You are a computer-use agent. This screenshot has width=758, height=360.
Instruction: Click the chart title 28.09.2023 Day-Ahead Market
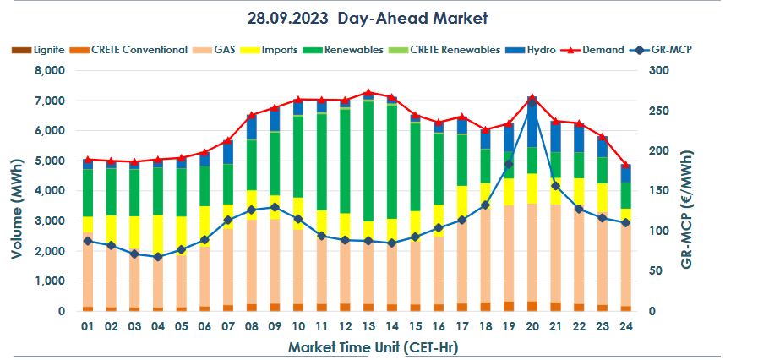pyautogui.click(x=368, y=18)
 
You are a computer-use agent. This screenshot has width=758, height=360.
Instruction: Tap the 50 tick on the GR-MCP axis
pyautogui.click(x=663, y=271)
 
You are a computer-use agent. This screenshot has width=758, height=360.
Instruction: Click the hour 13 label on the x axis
pyautogui.click(x=368, y=325)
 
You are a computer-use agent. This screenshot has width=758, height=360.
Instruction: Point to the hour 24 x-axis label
pyautogui.click(x=625, y=325)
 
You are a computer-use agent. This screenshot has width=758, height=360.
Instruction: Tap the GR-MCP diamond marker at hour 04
pyautogui.click(x=157, y=257)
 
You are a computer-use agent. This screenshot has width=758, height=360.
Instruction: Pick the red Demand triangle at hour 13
pyautogui.click(x=368, y=92)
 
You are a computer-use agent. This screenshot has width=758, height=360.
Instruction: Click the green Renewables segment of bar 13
pyautogui.click(x=368, y=161)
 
